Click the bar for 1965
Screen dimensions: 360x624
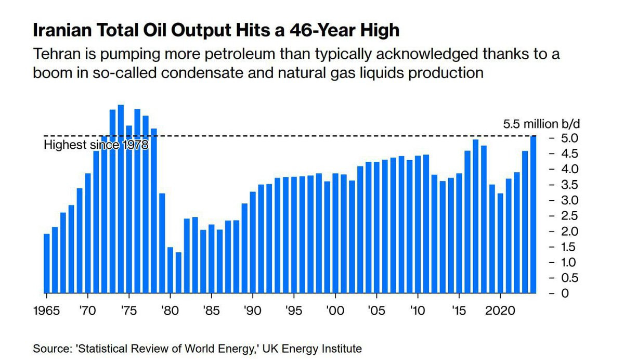(47, 263)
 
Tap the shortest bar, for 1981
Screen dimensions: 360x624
(178, 273)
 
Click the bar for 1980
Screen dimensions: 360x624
(170, 270)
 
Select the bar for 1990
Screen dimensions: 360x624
(253, 242)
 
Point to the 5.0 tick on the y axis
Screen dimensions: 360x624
(565, 138)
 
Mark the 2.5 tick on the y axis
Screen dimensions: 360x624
(565, 216)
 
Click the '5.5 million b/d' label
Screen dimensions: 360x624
(541, 124)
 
